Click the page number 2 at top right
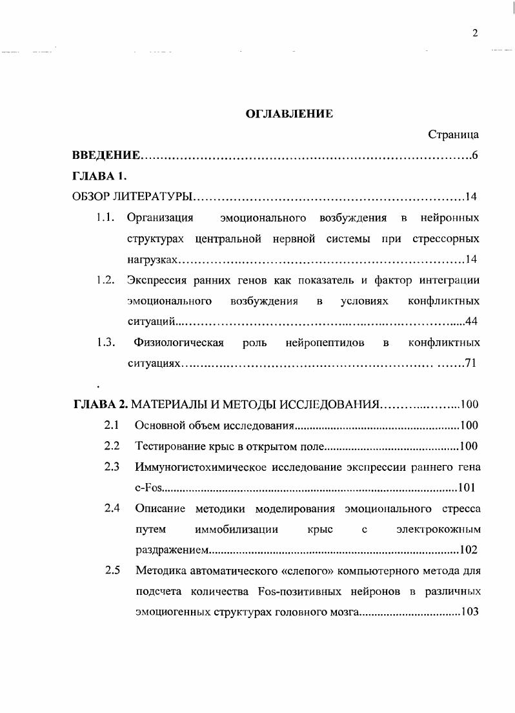coord(475,34)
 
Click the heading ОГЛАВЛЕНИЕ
coord(290,114)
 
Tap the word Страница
coord(453,135)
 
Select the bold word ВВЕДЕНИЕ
coord(106,156)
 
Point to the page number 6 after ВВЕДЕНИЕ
coord(474,156)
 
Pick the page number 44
coord(470,321)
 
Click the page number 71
coord(470,364)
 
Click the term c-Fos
coord(148,488)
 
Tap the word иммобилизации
coord(236,530)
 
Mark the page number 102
coord(467,550)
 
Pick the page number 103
coord(467,612)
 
